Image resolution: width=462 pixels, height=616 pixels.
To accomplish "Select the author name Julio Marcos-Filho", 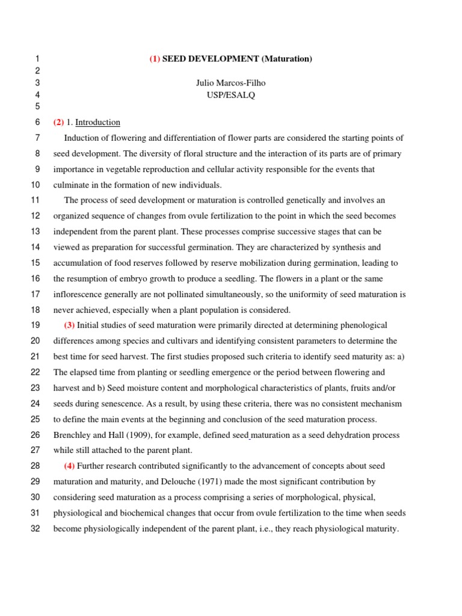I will point(231,83).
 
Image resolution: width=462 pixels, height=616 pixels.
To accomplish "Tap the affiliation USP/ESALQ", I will point(231,95).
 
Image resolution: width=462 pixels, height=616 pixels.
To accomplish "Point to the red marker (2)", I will point(58,122).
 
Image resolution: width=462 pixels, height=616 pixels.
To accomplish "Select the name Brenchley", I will point(73,435).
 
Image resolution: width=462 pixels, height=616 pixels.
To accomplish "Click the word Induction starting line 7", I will point(82,138).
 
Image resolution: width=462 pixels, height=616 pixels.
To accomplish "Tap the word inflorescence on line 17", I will point(78,294).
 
